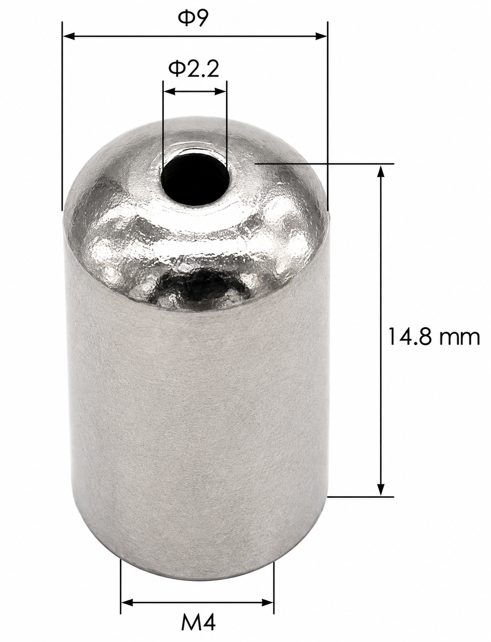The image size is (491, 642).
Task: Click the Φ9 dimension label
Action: (193, 19)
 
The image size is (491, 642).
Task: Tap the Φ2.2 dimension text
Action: (194, 69)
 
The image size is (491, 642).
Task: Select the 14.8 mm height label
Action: (434, 337)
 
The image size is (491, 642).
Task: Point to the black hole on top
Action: (194, 179)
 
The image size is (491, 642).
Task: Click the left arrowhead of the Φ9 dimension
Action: (69, 36)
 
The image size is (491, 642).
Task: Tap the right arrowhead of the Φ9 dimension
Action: (321, 36)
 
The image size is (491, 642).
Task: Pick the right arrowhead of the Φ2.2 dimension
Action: (221, 91)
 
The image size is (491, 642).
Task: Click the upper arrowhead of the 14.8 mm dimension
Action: (380, 171)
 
